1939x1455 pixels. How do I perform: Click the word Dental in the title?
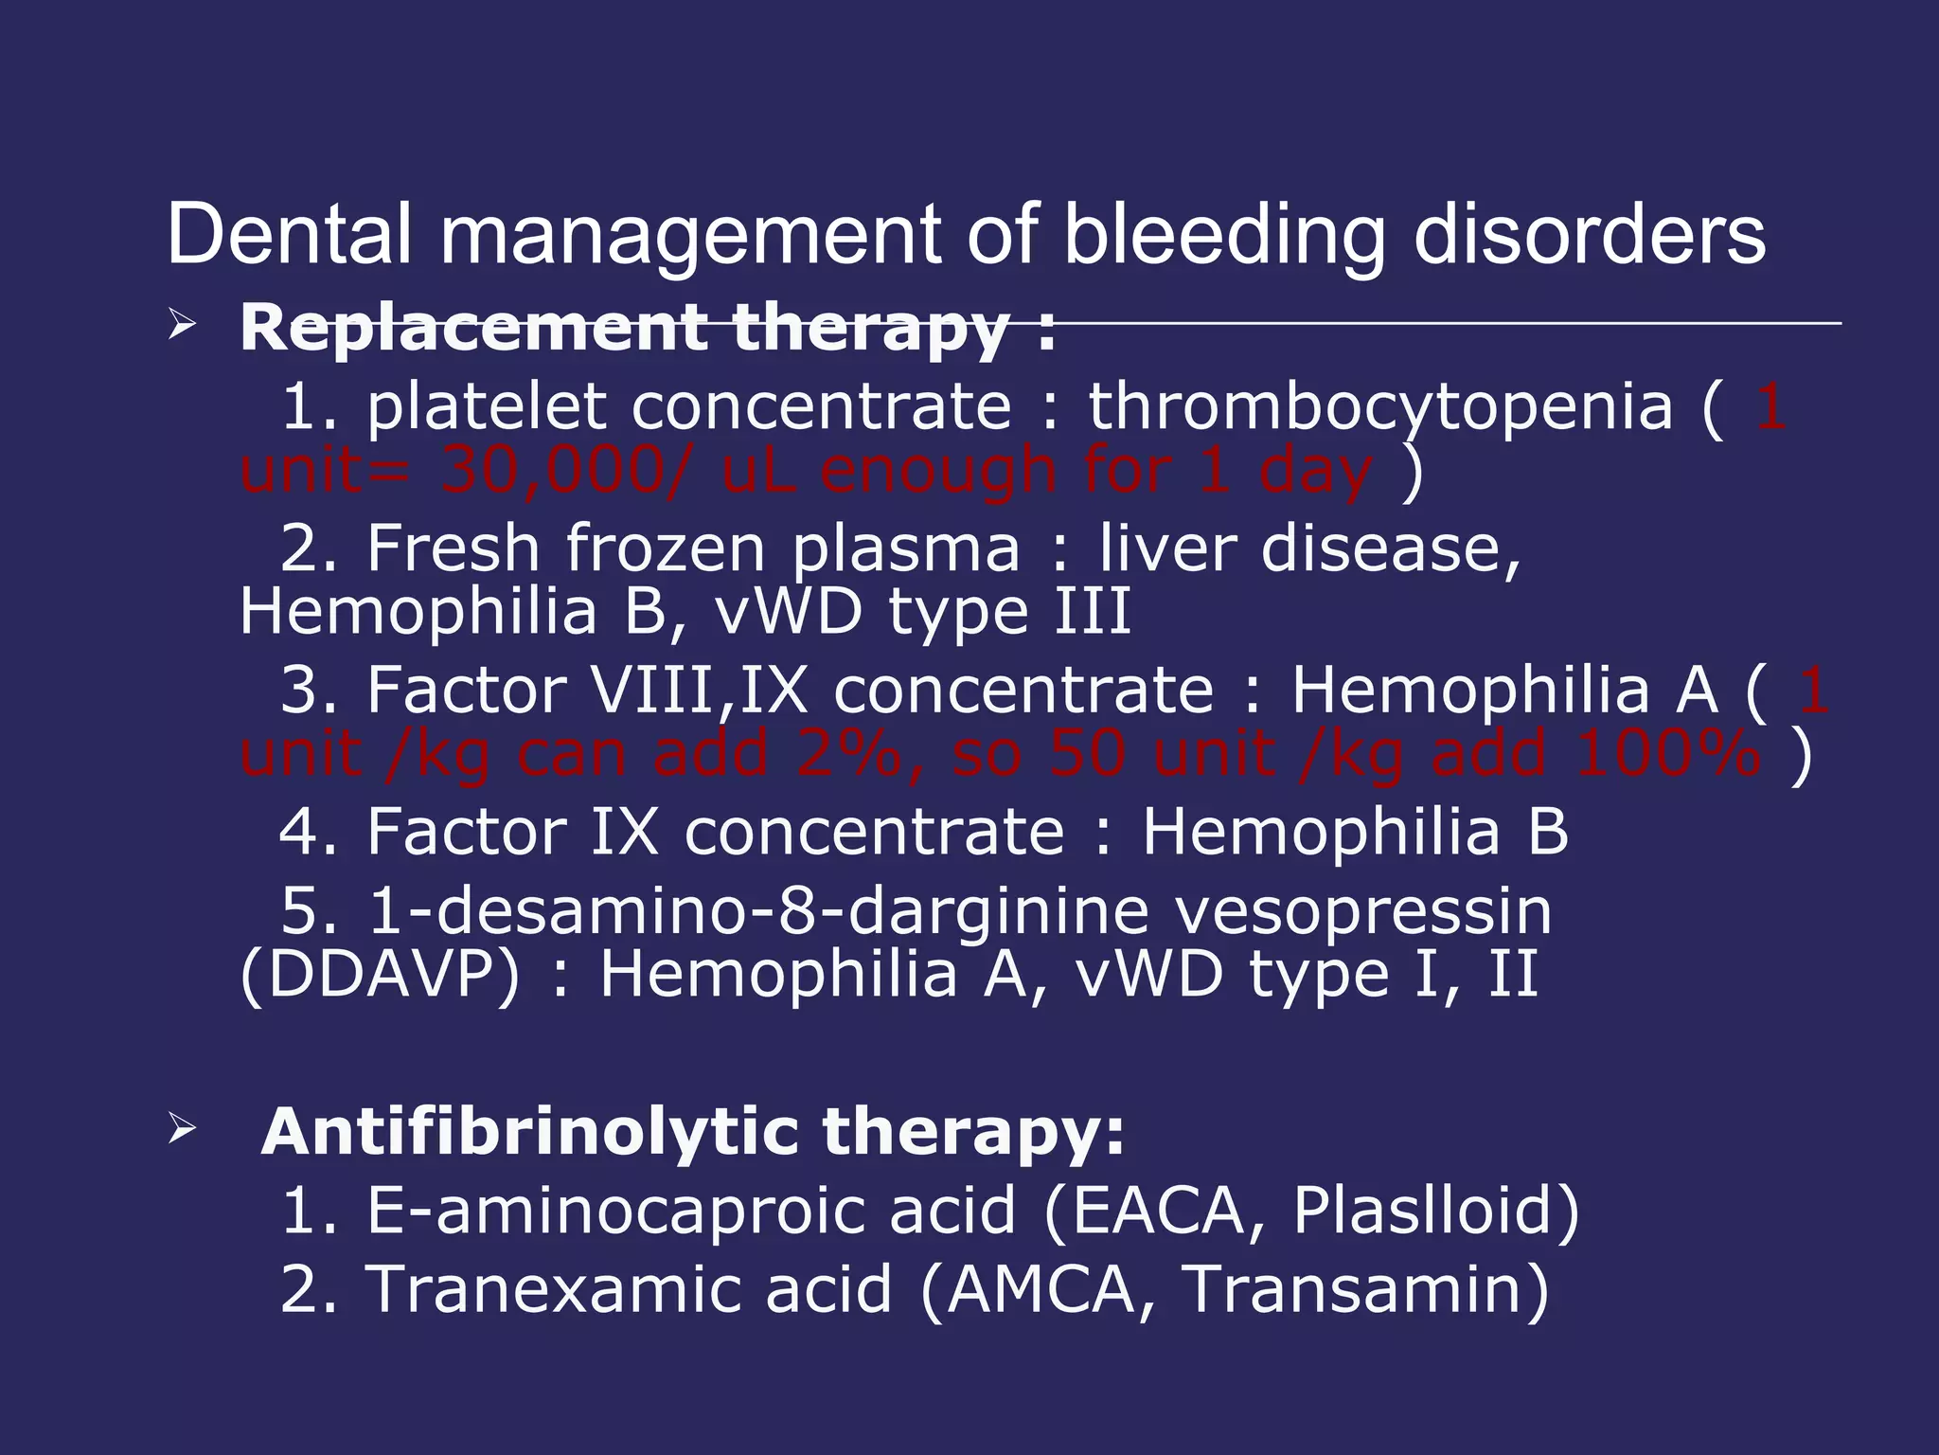[290, 234]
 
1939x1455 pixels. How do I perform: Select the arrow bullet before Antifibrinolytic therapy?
[181, 1128]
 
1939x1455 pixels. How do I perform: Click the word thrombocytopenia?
[1380, 407]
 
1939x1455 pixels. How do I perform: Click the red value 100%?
[1668, 753]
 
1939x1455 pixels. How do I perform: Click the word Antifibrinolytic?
[530, 1131]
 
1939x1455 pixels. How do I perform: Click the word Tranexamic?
[629, 1289]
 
